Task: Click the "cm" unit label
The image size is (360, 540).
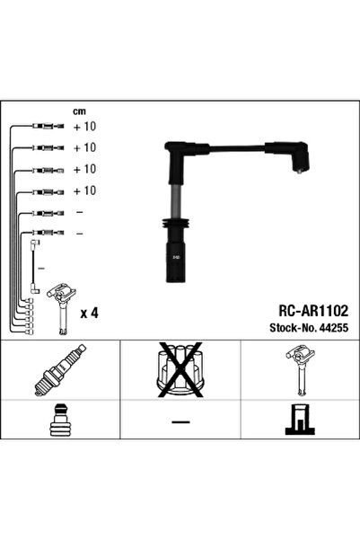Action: click(x=78, y=111)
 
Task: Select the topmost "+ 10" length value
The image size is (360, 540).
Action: click(x=83, y=127)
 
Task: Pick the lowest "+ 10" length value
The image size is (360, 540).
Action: click(x=83, y=190)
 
